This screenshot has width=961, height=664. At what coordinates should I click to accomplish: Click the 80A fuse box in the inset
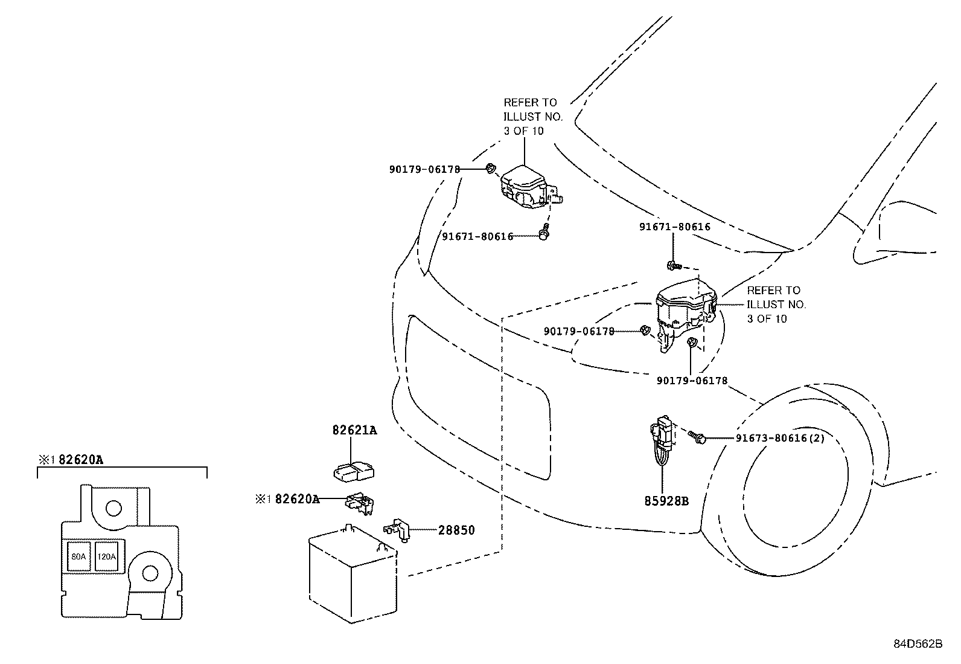[x=78, y=557]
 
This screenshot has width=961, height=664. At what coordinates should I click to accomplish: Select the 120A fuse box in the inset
[x=106, y=557]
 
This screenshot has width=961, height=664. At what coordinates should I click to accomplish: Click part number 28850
[x=456, y=530]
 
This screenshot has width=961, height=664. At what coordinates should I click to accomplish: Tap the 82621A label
[x=354, y=430]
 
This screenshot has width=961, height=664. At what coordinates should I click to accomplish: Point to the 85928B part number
[x=666, y=501]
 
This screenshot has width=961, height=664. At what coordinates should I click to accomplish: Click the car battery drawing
[x=350, y=574]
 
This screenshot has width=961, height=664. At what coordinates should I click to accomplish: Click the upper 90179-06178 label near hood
[x=424, y=170]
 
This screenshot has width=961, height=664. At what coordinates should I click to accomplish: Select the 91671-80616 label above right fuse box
[x=675, y=227]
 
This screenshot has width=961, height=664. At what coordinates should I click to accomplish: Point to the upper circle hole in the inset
[x=113, y=508]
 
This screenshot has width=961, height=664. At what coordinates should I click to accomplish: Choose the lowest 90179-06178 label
[x=692, y=381]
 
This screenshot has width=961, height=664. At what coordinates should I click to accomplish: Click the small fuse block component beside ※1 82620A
[x=361, y=503]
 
